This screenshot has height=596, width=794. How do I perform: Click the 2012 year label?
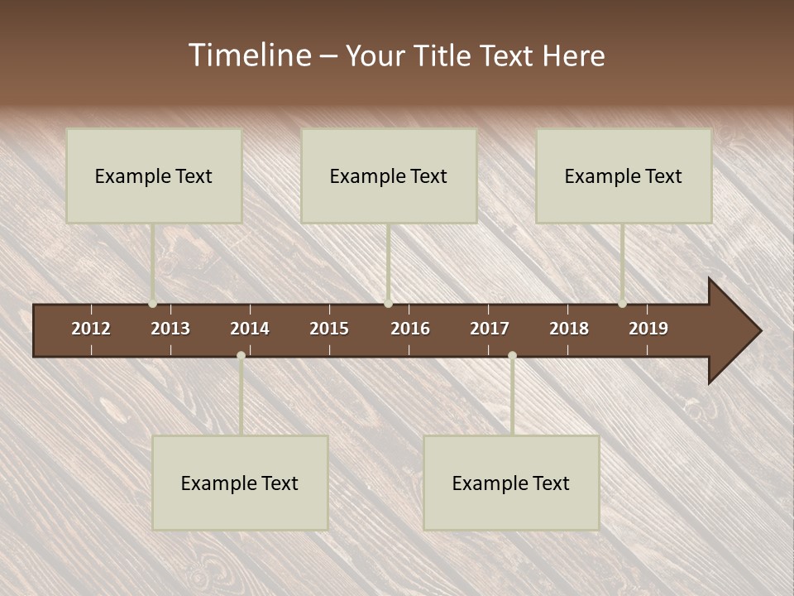coord(91,329)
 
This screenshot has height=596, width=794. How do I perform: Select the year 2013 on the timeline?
coord(170,329)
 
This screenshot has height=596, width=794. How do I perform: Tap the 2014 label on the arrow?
coord(250,329)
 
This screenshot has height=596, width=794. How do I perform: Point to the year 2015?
coord(329,329)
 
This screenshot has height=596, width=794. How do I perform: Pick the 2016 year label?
coord(410,329)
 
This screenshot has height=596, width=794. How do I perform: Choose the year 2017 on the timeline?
coord(490,329)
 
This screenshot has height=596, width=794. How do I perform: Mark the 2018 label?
coord(569,329)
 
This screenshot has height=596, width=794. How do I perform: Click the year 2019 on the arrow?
coord(648,329)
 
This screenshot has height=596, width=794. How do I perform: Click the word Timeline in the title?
coord(249,55)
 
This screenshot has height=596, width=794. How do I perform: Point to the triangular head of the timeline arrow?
coord(733,331)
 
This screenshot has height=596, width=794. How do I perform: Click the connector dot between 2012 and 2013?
coord(153,304)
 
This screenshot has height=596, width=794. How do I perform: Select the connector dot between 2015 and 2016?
coord(388,304)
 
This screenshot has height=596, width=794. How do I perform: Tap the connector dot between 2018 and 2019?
coord(623,304)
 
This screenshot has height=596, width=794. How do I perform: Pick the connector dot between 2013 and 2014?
coord(241,356)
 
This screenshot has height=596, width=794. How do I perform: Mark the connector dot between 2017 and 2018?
coord(512,356)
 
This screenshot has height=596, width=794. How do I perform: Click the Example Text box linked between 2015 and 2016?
coord(389,175)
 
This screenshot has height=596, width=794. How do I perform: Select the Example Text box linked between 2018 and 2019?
coord(624,175)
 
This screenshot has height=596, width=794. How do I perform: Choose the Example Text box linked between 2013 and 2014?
coord(240,483)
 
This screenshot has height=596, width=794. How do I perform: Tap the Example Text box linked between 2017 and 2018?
coord(511,483)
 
